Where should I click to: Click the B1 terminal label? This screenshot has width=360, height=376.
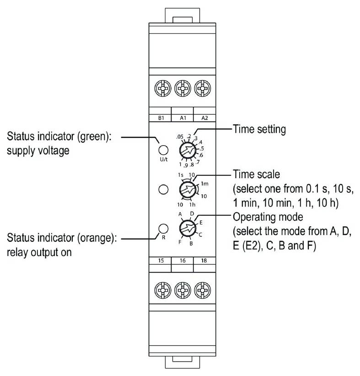pyautogui.click(x=161, y=118)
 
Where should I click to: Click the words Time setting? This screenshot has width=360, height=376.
pyautogui.click(x=259, y=130)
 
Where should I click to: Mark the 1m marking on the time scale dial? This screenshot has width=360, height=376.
pyautogui.click(x=204, y=183)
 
